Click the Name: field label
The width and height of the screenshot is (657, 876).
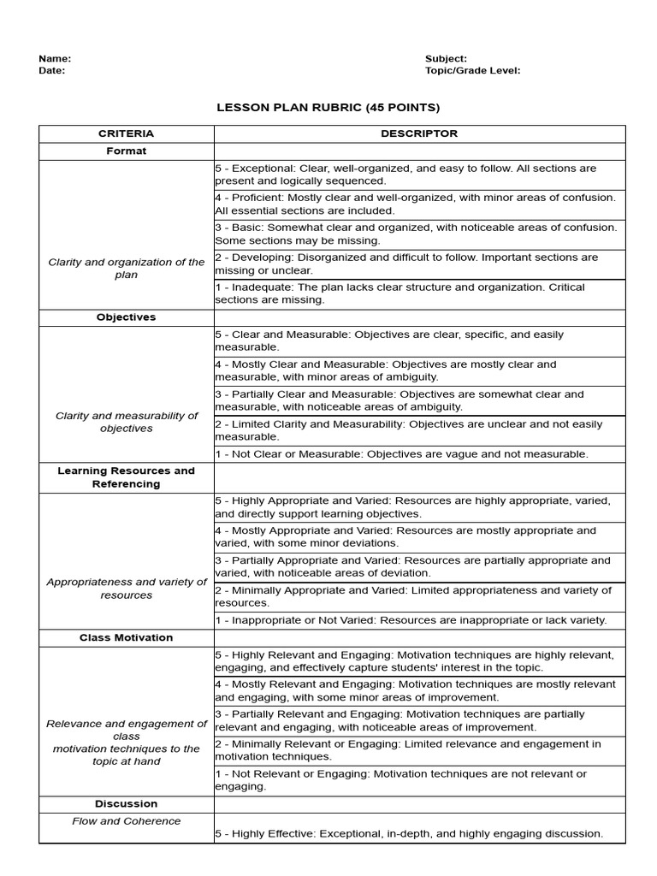[55, 58]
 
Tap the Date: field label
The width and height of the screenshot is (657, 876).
[51, 71]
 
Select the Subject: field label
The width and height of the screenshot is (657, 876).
[446, 58]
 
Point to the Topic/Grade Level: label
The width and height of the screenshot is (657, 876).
[472, 71]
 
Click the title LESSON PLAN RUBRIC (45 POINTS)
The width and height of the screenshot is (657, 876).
[328, 108]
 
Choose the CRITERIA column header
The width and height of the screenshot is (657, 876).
[126, 133]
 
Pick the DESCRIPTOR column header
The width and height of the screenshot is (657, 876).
[419, 133]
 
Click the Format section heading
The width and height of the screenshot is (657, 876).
[126, 151]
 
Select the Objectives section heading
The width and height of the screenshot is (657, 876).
[126, 317]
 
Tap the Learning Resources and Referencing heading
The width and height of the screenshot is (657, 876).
[126, 477]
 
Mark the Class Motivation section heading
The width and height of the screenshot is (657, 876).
[126, 637]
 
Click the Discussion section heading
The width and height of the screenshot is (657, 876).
[126, 803]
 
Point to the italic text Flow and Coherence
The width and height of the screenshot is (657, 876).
[126, 821]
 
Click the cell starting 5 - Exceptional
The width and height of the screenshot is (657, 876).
[419, 175]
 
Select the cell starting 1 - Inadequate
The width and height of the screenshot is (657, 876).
[419, 293]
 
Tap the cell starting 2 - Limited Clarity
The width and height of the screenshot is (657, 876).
[419, 430]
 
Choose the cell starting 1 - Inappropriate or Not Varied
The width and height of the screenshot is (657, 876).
[419, 620]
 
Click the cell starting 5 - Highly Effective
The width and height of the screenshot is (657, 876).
[419, 833]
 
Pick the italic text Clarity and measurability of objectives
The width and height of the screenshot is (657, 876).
[126, 422]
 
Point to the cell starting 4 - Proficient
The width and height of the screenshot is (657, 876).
[419, 204]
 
